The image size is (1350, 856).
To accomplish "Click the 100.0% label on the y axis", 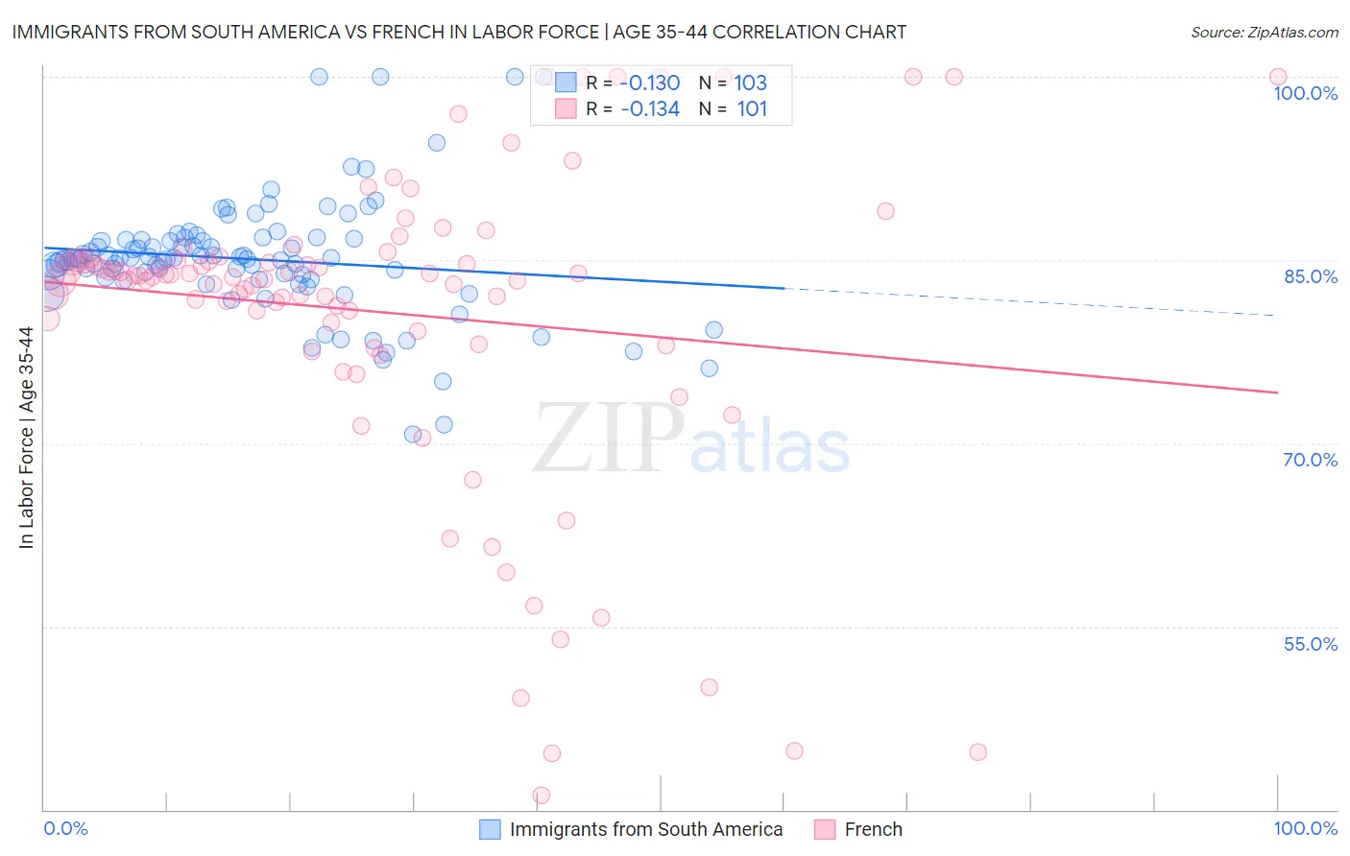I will [x=1305, y=93].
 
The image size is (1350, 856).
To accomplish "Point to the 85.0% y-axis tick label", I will [x=1310, y=276].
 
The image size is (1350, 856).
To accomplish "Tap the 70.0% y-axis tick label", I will [x=1310, y=460].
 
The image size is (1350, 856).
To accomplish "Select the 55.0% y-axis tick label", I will [x=1310, y=644].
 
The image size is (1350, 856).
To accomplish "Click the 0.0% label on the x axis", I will [x=65, y=828].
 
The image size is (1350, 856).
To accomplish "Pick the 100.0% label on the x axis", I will [x=1305, y=828].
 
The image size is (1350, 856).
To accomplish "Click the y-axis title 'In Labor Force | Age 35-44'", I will [x=26, y=438].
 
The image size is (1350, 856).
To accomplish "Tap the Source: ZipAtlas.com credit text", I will [x=1264, y=32].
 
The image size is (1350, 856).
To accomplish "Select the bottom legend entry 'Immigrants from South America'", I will [x=645, y=829].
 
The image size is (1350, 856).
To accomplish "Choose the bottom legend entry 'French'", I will [x=873, y=829].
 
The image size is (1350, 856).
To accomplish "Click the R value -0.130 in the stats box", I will [x=650, y=83].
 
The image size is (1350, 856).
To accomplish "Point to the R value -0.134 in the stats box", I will [x=650, y=109].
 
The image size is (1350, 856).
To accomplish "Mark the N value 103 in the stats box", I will [x=751, y=83].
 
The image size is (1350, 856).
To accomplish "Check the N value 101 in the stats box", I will [x=752, y=109].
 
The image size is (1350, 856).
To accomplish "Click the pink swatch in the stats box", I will [x=566, y=108].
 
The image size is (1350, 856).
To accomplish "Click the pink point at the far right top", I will [x=1277, y=77].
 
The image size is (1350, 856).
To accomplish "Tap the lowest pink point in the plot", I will [x=542, y=796].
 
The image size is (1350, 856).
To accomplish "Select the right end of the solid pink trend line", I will [x=1277, y=392].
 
